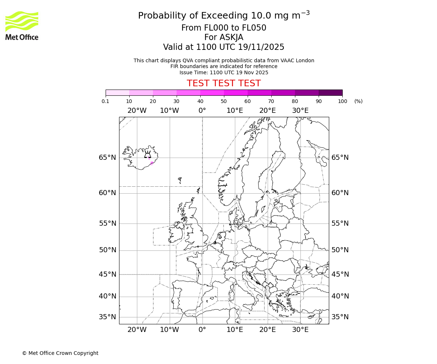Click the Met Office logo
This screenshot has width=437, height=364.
22,25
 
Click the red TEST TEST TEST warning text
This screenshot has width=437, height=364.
224,83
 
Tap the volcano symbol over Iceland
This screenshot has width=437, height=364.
147,154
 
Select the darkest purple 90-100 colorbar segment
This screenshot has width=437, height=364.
330,92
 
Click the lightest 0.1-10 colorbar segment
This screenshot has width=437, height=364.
117,92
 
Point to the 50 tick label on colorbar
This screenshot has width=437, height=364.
224,102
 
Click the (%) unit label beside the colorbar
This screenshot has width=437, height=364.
358,102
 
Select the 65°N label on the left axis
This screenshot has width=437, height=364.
107,158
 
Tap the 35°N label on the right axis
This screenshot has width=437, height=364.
340,317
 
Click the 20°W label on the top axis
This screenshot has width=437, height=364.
137,111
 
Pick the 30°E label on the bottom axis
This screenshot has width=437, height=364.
300,330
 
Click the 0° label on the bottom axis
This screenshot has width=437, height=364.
202,330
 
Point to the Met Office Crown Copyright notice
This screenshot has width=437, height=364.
60,353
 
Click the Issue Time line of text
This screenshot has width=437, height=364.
224,72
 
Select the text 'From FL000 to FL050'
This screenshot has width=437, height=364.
224,28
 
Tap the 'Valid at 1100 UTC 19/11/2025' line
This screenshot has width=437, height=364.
224,47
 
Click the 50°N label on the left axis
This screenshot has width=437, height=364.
107,250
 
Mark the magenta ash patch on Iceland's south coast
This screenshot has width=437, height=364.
151,163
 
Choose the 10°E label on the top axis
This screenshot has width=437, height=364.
235,111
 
